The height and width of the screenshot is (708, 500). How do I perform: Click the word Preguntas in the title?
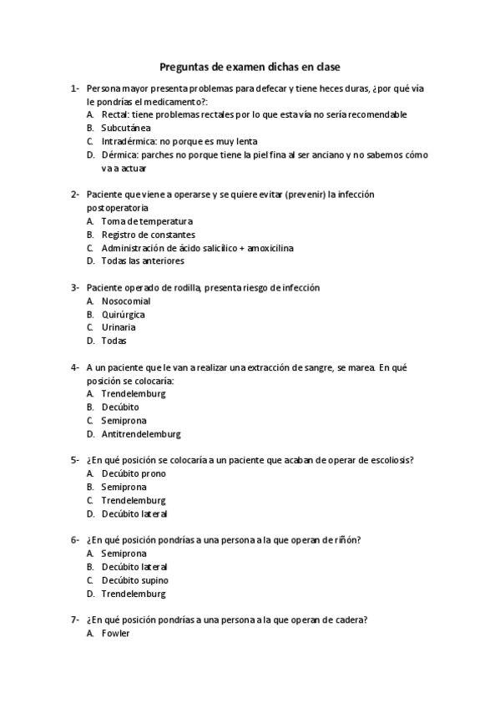coord(184,67)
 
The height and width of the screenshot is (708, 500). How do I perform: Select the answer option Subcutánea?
coord(125,128)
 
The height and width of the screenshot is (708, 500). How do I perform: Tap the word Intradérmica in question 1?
coord(129,141)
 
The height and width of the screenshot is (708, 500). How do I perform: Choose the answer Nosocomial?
coord(125,301)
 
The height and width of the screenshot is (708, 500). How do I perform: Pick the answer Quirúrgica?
coord(123,314)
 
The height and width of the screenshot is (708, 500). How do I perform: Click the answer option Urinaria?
coord(119,327)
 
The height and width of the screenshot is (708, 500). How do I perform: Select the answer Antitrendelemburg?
coord(140,434)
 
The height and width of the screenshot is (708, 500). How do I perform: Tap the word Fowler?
coord(115,634)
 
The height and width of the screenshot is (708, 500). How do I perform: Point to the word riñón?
coord(346,540)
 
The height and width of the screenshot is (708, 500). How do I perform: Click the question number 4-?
coord(75,367)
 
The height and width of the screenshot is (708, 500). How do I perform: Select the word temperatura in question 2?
coord(164,221)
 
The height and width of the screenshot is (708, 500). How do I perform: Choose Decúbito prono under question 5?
coord(134,473)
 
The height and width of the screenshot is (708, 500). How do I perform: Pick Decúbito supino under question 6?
coord(134,580)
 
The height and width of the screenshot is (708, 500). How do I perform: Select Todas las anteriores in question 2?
coord(143,261)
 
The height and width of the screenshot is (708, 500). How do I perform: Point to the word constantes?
coord(167,235)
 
